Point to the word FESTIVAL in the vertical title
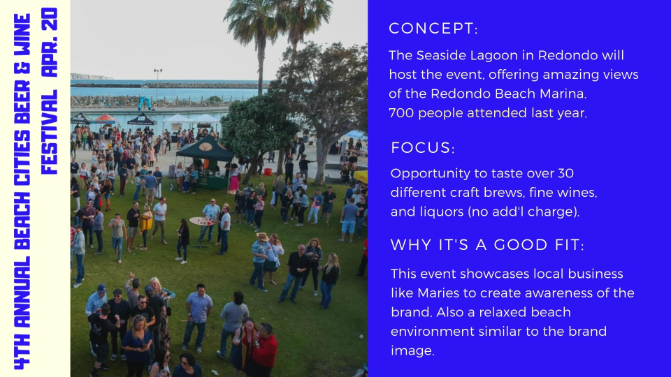pos(50,133)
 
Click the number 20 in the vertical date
pos(50,19)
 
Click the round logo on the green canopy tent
pos(205,147)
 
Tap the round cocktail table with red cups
pos(202,222)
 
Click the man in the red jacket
pos(262,348)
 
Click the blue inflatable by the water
pos(144,102)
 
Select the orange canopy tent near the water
pos(103,119)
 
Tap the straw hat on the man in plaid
pos(262,237)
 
